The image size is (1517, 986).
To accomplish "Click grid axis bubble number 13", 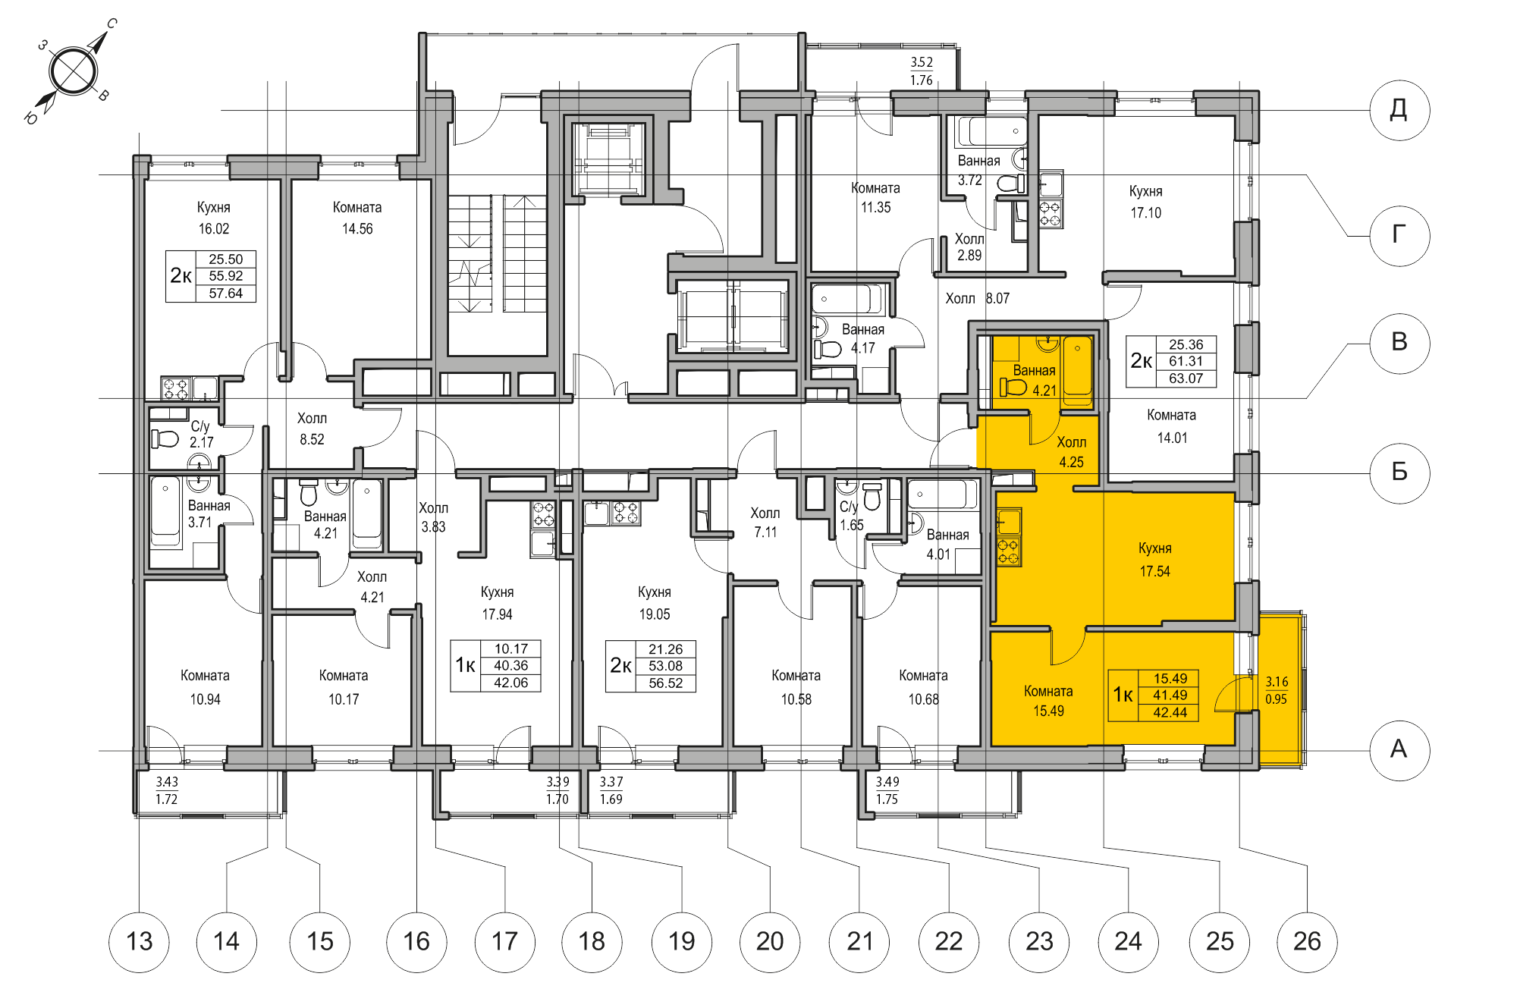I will tap(139, 941).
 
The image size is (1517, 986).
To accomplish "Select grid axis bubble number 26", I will tap(1307, 941).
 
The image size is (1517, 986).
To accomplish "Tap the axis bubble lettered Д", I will tap(1399, 110).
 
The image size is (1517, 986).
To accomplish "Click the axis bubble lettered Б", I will tap(1399, 472).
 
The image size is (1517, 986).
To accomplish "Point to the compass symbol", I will tap(73, 71).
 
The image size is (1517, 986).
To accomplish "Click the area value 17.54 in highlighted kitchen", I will tap(1154, 571).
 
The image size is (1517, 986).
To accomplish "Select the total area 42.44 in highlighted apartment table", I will tap(1170, 712).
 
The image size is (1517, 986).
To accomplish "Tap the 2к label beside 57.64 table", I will tap(181, 275).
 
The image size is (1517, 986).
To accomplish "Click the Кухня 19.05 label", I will tap(654, 603).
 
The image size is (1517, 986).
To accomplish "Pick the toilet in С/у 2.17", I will tap(165, 438).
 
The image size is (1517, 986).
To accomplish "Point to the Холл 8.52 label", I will tap(312, 429).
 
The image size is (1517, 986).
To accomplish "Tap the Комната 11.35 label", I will tap(875, 197).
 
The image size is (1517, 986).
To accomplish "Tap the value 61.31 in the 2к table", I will tap(1186, 361).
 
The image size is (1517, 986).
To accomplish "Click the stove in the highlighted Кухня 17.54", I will tap(1008, 551).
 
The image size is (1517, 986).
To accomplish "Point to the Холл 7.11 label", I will tap(765, 523).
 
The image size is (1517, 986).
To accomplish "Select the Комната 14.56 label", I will tap(357, 218).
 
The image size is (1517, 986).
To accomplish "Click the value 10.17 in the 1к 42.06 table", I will tap(510, 648).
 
